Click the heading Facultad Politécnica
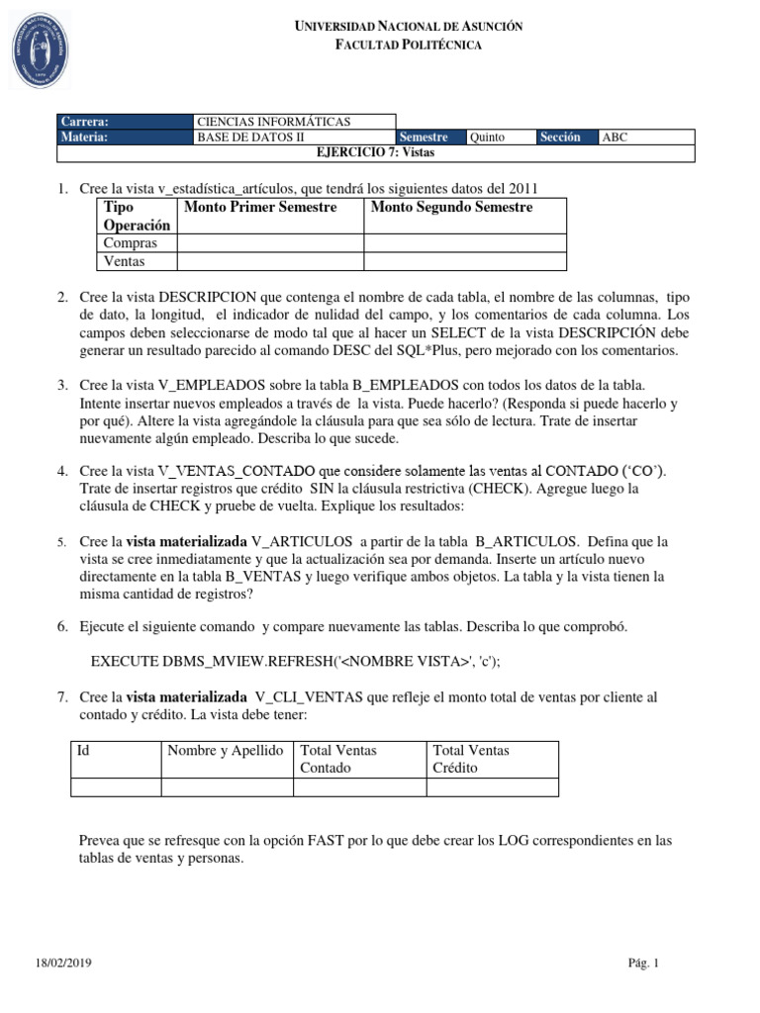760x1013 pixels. pos(410,46)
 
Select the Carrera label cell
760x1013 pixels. pos(84,121)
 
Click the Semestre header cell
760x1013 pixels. pos(425,138)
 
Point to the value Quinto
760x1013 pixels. pos(487,138)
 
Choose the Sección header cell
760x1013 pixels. pos(560,138)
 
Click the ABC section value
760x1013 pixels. pos(615,138)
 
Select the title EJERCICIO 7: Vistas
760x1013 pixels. pos(375,153)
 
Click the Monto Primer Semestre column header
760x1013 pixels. pos(260,208)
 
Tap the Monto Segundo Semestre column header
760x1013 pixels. pos(451,208)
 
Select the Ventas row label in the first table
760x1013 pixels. pos(125,261)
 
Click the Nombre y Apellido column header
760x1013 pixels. pos(226,751)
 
